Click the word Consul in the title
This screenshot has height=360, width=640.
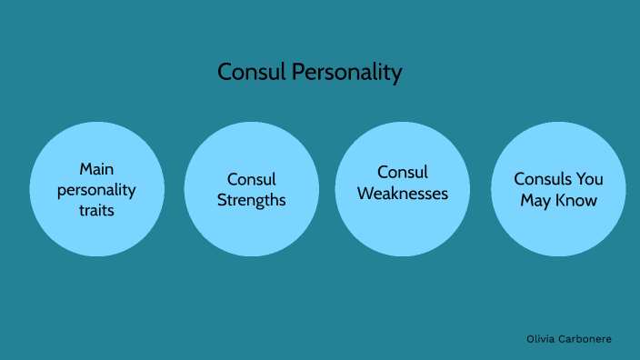point(251,73)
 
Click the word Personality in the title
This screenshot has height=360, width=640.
point(346,74)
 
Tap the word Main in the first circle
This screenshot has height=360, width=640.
point(96,169)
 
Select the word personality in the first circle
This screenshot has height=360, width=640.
point(96,190)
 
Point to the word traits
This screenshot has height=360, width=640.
point(96,210)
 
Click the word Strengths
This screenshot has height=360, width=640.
point(252,199)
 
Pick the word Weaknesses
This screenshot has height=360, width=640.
point(403,193)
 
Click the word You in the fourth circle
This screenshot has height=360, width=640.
point(587,179)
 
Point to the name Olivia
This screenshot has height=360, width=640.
point(542,338)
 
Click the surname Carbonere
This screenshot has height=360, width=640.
point(586,338)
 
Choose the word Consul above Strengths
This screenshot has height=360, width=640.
point(252,179)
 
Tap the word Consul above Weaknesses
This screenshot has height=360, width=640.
point(403,172)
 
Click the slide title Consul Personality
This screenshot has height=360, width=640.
point(309,73)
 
